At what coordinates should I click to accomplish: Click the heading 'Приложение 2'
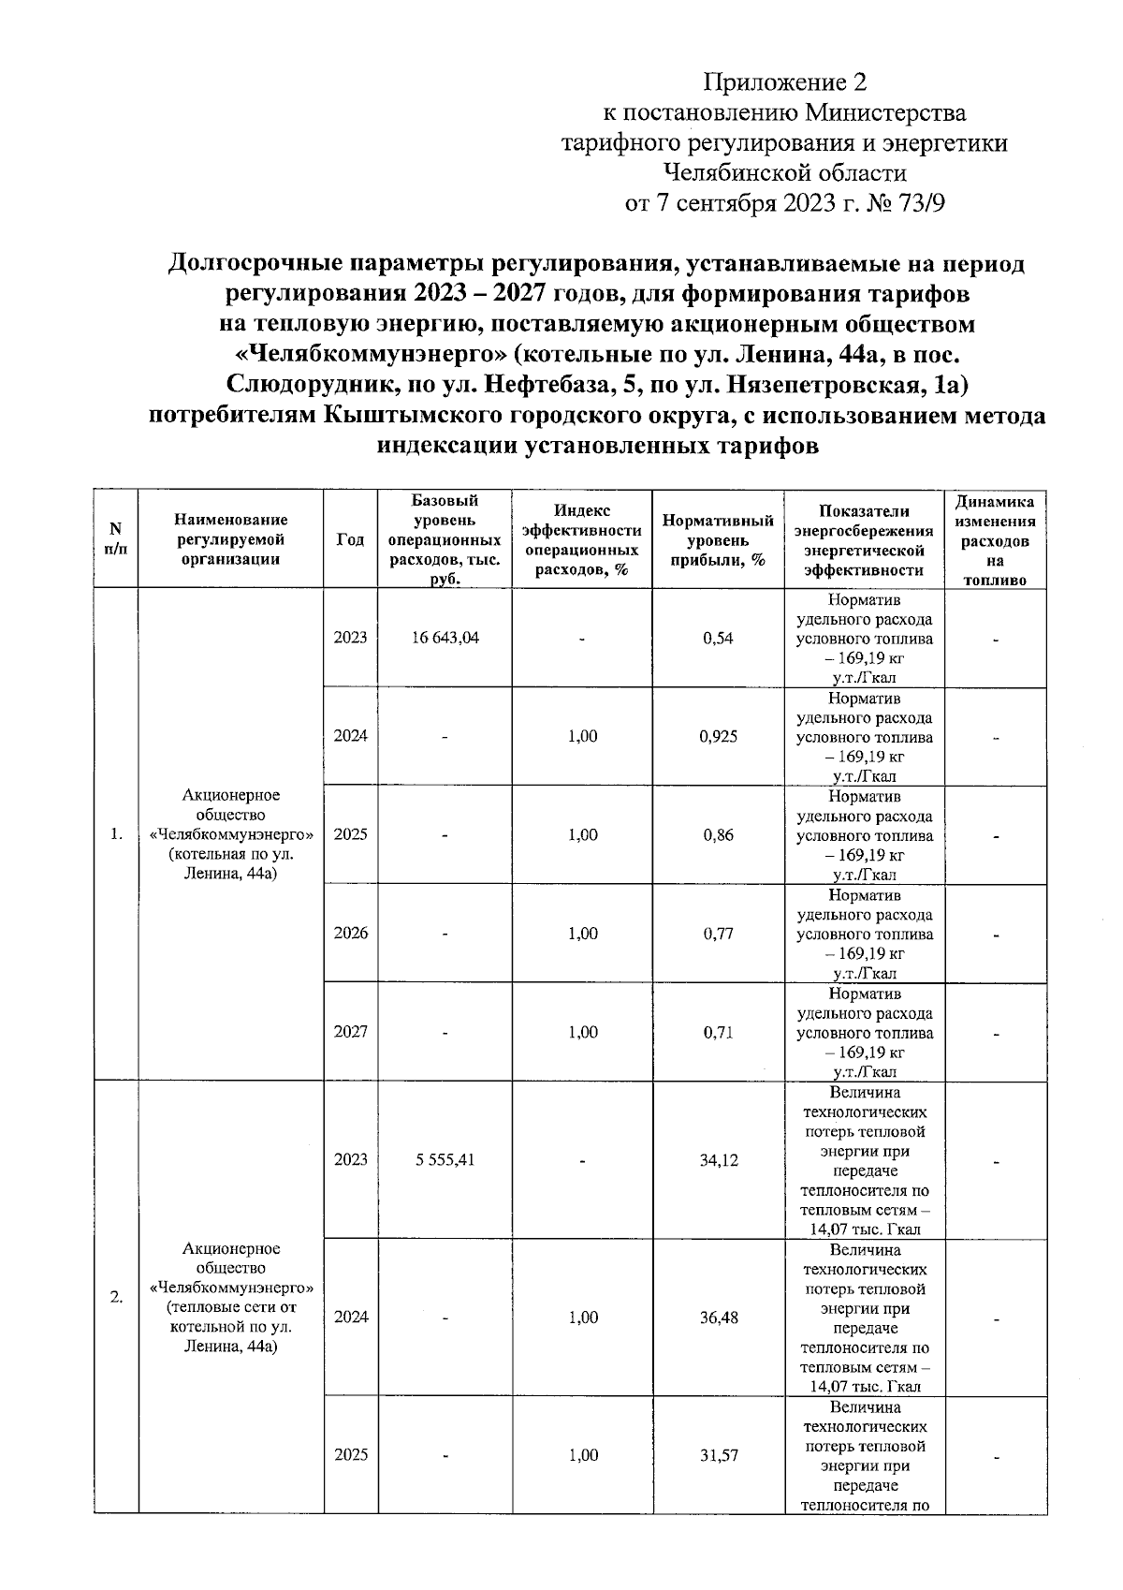(785, 82)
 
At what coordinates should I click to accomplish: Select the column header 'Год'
(350, 539)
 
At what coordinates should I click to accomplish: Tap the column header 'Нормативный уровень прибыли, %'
(718, 540)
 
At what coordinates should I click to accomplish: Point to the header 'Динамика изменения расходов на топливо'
(995, 540)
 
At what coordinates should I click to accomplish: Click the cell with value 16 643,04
(445, 638)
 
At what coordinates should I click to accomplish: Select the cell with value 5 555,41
(445, 1159)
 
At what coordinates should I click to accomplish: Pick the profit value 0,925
(718, 736)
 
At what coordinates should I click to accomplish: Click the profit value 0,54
(718, 638)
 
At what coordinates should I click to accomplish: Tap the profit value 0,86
(718, 835)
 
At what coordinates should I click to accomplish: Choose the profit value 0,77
(718, 934)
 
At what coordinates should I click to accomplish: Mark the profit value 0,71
(718, 1032)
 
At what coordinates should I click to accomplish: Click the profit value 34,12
(718, 1159)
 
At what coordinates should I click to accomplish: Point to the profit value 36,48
(718, 1317)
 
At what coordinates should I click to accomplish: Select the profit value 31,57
(718, 1454)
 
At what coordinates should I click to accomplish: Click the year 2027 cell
(350, 1032)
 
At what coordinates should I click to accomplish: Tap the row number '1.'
(116, 834)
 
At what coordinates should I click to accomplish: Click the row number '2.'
(116, 1297)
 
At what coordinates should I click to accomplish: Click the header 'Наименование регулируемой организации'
(231, 539)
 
